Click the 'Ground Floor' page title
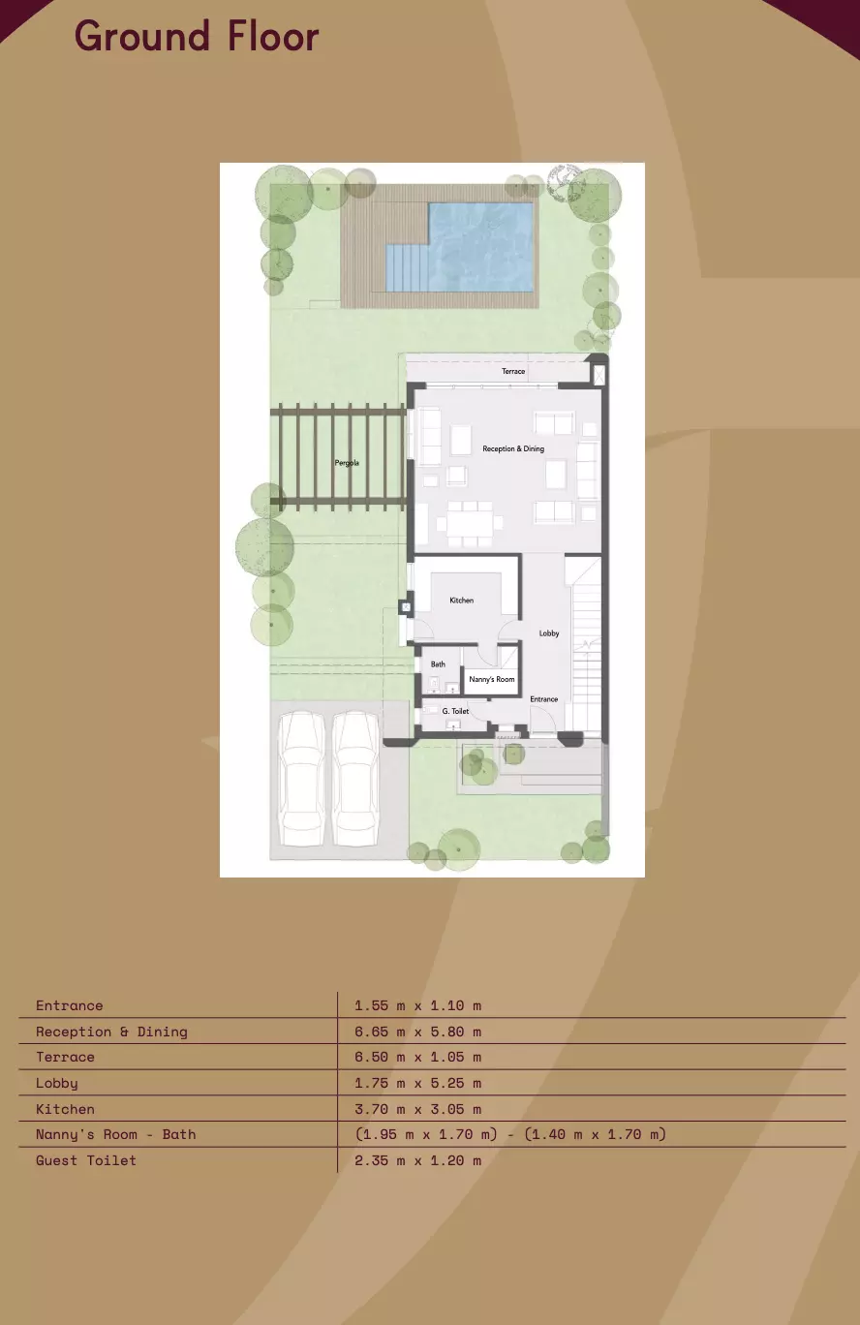coord(197,37)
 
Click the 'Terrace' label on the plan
coord(513,372)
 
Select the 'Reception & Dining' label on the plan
coord(513,449)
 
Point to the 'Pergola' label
coord(347,463)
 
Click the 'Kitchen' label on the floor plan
coord(462,601)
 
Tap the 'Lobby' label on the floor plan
coord(549,633)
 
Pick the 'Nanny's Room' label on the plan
coord(492,680)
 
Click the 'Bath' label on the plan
coord(438,664)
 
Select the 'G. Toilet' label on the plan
coord(455,711)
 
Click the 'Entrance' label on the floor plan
coord(543,699)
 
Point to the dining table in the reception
coord(470,524)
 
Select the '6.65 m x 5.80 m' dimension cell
coord(417,1032)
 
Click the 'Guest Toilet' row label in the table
coord(86,1160)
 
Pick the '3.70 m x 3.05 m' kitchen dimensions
coord(417,1109)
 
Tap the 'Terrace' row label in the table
coord(66,1057)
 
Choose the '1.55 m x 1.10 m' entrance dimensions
coord(417,1005)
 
